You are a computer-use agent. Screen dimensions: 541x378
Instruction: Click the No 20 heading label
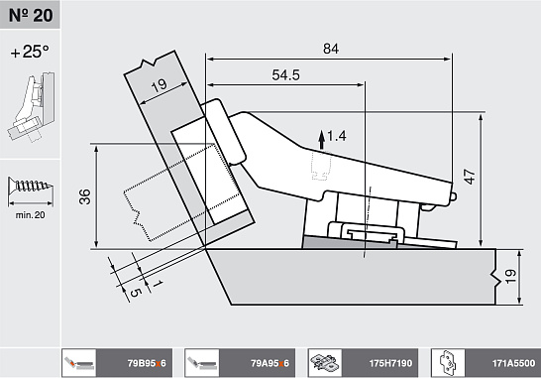(31, 15)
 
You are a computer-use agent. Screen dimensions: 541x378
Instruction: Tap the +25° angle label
(30, 52)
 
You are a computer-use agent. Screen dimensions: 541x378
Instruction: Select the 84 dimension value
(331, 49)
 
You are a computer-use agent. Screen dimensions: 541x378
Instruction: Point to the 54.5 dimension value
(286, 75)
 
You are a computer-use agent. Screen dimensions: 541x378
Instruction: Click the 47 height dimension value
(470, 177)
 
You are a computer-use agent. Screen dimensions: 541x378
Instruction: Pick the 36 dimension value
(85, 196)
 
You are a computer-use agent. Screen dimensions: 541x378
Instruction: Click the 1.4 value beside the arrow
(337, 136)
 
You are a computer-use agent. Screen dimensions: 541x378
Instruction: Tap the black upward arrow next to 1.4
(322, 140)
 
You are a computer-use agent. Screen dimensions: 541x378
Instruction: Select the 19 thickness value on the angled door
(160, 85)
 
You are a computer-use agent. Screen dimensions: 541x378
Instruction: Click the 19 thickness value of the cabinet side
(510, 277)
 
